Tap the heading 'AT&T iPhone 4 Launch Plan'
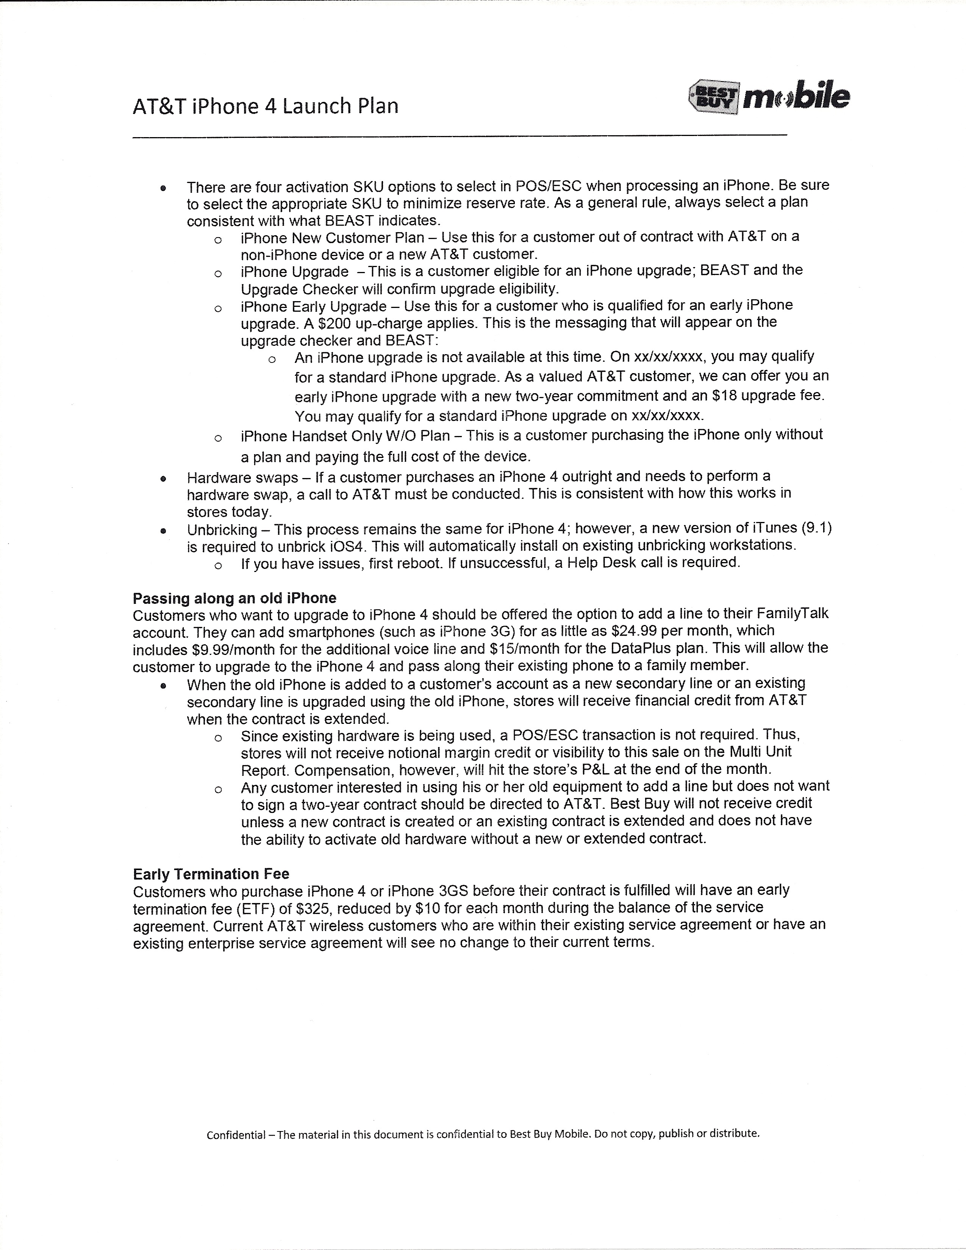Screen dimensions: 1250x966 (x=266, y=106)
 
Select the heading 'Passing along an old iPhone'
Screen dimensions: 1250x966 (x=234, y=598)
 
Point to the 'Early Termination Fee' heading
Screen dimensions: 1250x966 (x=211, y=874)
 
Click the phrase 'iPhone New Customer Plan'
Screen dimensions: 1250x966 (x=333, y=237)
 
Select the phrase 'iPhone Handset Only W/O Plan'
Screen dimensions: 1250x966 (x=345, y=436)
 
